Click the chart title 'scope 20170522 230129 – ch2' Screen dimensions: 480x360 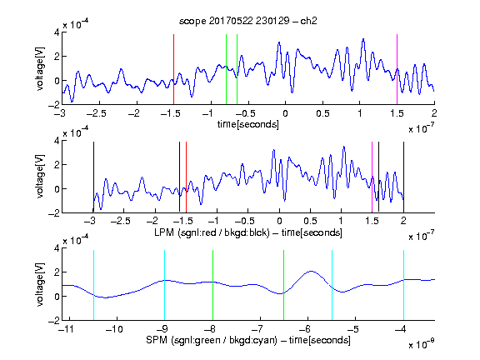[x=248, y=21]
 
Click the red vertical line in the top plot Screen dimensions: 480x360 [x=173, y=69]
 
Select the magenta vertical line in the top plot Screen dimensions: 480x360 [x=397, y=69]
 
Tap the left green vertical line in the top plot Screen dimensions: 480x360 [x=226, y=69]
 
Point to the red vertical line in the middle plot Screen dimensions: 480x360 [x=186, y=177]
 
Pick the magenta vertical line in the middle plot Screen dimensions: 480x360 [x=372, y=177]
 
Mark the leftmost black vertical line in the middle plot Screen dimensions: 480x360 [x=93, y=177]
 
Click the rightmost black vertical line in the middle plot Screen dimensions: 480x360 [x=403, y=177]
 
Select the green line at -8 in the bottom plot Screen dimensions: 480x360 [x=212, y=285]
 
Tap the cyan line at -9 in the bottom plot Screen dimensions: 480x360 [x=165, y=285]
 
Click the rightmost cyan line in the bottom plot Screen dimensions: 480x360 [x=403, y=285]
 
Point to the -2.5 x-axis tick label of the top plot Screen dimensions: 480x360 [x=96, y=113]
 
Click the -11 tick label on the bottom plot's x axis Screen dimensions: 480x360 [x=67, y=329]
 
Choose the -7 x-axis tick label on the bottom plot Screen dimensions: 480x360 [x=258, y=329]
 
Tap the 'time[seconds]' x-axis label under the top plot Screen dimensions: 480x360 [x=248, y=124]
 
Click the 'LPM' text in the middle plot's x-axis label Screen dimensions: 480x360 [x=164, y=232]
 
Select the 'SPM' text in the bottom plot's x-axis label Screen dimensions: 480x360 [x=157, y=340]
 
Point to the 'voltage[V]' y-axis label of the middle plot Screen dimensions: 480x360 [x=40, y=177]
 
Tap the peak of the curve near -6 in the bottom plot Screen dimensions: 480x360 [x=311, y=271]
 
